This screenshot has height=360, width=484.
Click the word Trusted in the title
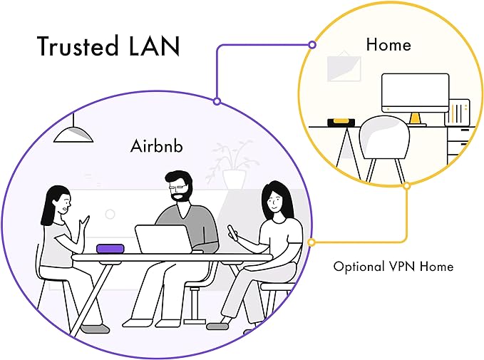[78, 46]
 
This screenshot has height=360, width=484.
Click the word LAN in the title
[154, 46]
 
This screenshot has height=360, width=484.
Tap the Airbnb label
[157, 145]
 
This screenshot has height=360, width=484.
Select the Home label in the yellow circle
[388, 44]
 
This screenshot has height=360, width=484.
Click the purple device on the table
[110, 249]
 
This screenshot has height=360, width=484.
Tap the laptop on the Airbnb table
[164, 239]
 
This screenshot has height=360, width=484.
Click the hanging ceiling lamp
[73, 131]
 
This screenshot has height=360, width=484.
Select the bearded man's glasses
[178, 187]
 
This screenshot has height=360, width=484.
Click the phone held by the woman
[233, 232]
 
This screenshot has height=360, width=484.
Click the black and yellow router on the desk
[341, 123]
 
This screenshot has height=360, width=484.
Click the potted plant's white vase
[234, 180]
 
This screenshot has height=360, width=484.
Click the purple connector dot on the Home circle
[312, 45]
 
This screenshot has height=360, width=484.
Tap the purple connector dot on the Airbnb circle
[217, 101]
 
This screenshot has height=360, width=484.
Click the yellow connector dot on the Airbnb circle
[311, 242]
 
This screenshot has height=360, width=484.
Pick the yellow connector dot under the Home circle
[407, 185]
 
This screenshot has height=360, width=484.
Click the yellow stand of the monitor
[415, 118]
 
